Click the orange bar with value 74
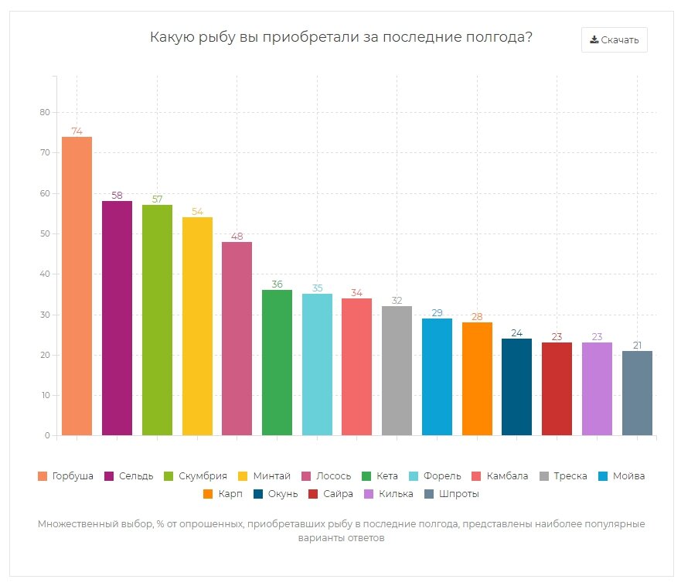click(77, 286)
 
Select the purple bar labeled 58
click(117, 318)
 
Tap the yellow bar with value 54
click(197, 326)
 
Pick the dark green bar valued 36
click(277, 363)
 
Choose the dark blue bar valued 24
click(516, 387)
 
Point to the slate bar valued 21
click(637, 393)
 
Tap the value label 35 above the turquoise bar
click(317, 288)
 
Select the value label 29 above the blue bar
click(437, 312)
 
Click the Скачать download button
click(614, 40)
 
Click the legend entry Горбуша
click(66, 475)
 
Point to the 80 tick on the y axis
click(45, 113)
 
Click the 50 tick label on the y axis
click(45, 233)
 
